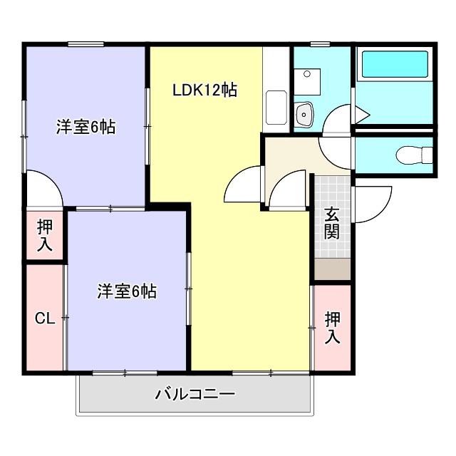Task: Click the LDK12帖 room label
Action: click(205, 90)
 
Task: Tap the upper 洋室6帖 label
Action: click(86, 128)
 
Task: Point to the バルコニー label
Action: click(195, 393)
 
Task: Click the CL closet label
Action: click(44, 318)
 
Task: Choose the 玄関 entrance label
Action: click(332, 222)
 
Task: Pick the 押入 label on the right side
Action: click(332, 327)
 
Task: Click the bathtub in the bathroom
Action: click(395, 66)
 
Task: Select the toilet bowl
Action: click(413, 154)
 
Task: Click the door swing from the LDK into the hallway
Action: click(244, 187)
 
